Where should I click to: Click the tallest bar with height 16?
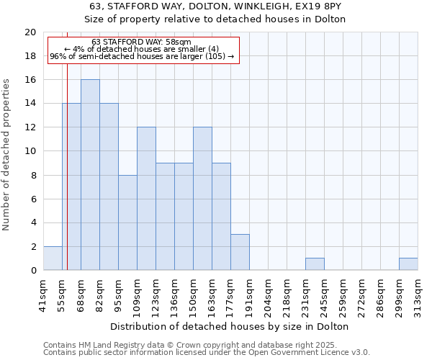(90, 175)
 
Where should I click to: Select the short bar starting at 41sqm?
(53, 258)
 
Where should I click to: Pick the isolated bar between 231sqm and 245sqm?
(315, 264)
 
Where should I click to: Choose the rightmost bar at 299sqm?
(408, 264)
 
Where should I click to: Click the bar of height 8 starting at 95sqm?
(127, 222)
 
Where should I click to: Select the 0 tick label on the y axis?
(32, 271)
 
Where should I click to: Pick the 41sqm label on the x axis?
(44, 292)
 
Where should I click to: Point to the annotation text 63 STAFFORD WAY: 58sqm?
(142, 42)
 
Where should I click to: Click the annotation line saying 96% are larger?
(142, 56)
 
